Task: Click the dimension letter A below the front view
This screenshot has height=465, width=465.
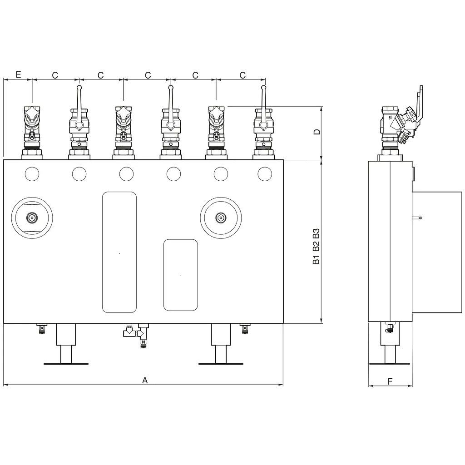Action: coord(145,380)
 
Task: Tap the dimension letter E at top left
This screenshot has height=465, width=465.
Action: coord(18,74)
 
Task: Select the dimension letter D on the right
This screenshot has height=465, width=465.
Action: coord(317,132)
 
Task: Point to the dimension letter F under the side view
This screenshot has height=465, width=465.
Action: coord(390,381)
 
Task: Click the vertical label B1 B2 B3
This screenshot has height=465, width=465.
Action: coord(317,246)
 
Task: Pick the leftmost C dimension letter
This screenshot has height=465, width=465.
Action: coord(55,75)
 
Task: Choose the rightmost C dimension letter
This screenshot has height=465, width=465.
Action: coord(242,75)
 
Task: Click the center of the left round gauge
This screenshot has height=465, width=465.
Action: coord(32,218)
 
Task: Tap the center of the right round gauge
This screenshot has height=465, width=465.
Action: coord(221,218)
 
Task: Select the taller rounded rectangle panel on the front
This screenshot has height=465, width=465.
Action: coord(119,252)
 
